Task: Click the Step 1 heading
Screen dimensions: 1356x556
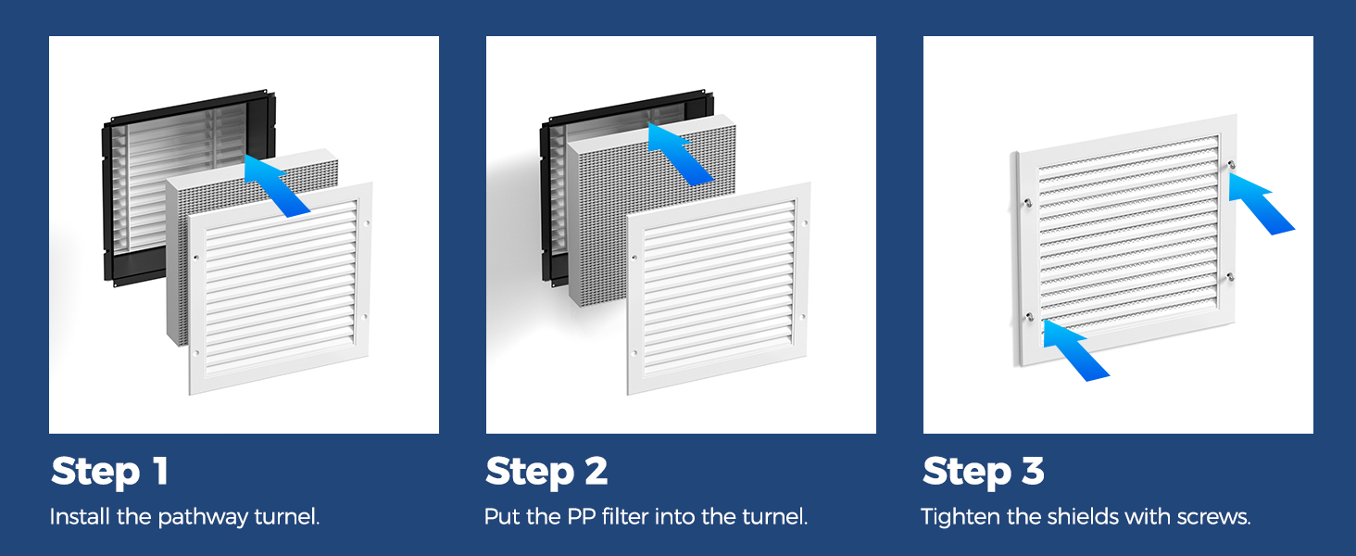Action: pyautogui.click(x=109, y=472)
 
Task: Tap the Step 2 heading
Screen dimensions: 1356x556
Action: pyautogui.click(x=546, y=472)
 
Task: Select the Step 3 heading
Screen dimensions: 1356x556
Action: pyautogui.click(x=984, y=472)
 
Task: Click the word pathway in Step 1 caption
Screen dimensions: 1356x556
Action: pyautogui.click(x=203, y=518)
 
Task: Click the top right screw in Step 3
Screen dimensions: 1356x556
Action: pyautogui.click(x=1231, y=164)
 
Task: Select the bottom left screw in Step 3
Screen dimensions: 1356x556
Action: pyautogui.click(x=1028, y=317)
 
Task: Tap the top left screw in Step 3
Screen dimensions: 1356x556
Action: pyautogui.click(x=1027, y=203)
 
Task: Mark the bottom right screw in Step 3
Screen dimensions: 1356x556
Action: pyautogui.click(x=1230, y=277)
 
